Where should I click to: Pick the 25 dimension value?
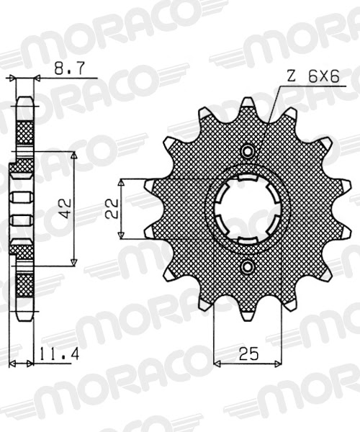click(x=249, y=354)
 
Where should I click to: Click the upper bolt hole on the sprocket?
click(x=248, y=152)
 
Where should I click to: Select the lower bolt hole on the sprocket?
click(x=248, y=267)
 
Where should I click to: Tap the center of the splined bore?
click(x=248, y=209)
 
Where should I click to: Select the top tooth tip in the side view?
click(x=24, y=97)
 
